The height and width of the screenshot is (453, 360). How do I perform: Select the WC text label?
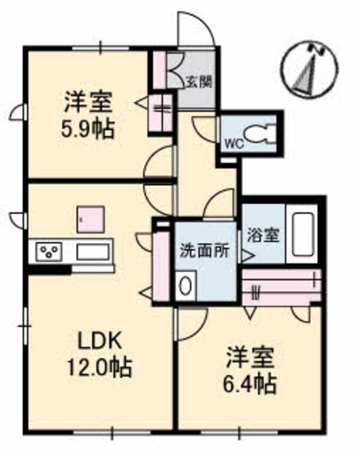coord(233,143)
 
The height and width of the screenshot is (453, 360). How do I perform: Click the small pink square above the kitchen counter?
coord(91,218)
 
